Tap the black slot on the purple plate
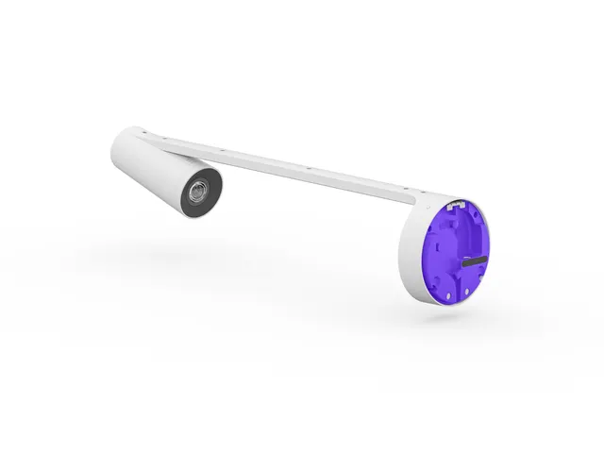(x=475, y=260)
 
